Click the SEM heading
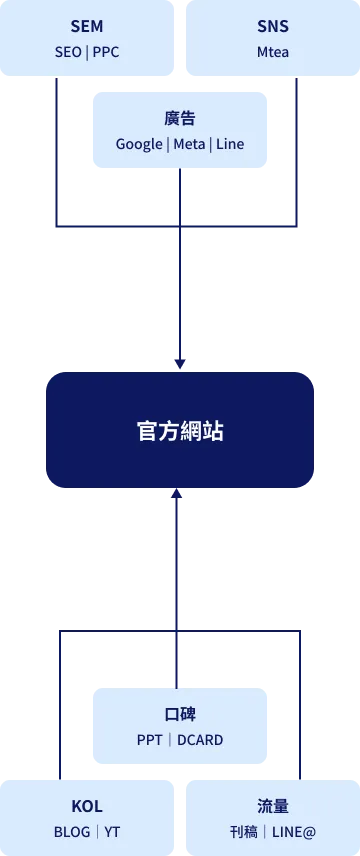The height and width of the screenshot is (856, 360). (x=87, y=26)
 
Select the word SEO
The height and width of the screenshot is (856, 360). (x=68, y=52)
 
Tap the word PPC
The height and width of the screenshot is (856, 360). (x=106, y=52)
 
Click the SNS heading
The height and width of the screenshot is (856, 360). (x=273, y=26)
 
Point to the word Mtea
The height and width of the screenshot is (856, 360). (x=273, y=52)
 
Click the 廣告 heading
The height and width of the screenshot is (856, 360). (x=180, y=118)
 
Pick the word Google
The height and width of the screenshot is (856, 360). (x=139, y=145)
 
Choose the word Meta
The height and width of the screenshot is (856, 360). (x=190, y=145)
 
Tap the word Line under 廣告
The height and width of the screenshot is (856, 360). (x=230, y=145)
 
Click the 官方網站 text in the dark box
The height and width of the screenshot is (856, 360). (x=180, y=430)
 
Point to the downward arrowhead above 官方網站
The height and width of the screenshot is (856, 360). (x=180, y=364)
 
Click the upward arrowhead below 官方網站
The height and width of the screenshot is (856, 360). (x=176, y=493)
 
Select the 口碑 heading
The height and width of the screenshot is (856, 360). (x=180, y=714)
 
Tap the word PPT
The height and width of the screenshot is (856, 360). (x=150, y=740)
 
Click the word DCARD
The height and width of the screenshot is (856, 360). (x=200, y=740)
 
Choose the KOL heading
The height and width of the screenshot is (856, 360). (x=87, y=806)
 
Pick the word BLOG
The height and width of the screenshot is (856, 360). (x=72, y=832)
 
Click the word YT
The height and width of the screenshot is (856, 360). (x=112, y=832)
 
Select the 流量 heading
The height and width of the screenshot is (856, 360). (x=273, y=806)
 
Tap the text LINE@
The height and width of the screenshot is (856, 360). (x=294, y=832)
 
